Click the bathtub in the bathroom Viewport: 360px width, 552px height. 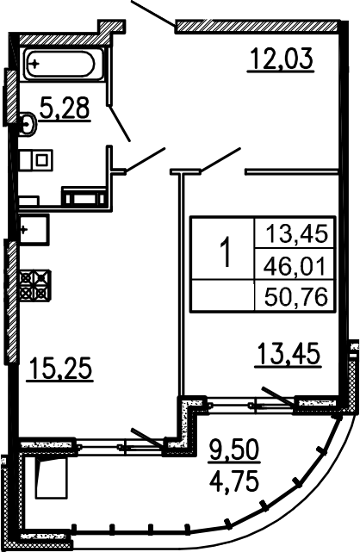(59, 64)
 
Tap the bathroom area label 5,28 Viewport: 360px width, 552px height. (65, 108)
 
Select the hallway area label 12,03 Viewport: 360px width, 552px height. (281, 59)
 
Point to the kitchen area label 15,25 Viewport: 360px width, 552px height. (60, 368)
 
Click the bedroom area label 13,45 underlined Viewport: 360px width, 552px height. (289, 355)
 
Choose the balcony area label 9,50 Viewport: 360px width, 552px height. (234, 450)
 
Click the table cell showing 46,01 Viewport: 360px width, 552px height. (295, 265)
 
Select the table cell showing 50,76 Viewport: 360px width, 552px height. (295, 296)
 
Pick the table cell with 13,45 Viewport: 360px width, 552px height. (295, 233)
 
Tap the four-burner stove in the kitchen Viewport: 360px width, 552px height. (35, 286)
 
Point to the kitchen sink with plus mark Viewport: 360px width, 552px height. (34, 230)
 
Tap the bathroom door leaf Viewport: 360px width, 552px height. (120, 123)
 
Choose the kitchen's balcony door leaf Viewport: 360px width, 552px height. (148, 439)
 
